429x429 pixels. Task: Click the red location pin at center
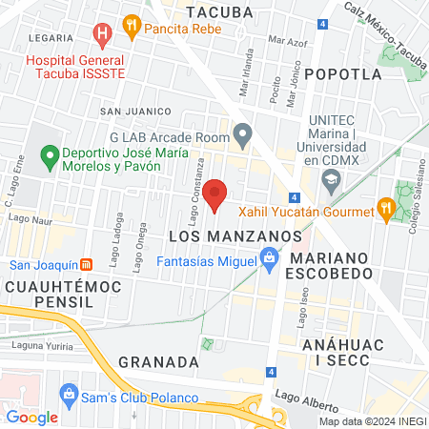tap(215, 194)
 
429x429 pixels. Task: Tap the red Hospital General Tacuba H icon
tap(102, 36)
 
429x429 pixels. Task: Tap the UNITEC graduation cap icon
tap(332, 177)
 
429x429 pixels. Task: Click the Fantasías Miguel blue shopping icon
tap(269, 258)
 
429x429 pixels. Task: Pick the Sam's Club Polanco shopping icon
tap(68, 395)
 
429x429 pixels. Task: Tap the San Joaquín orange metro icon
tap(86, 264)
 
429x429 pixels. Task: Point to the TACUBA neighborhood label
tap(220, 12)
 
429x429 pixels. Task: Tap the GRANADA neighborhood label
tap(159, 362)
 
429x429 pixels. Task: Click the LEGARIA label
tap(51, 38)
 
